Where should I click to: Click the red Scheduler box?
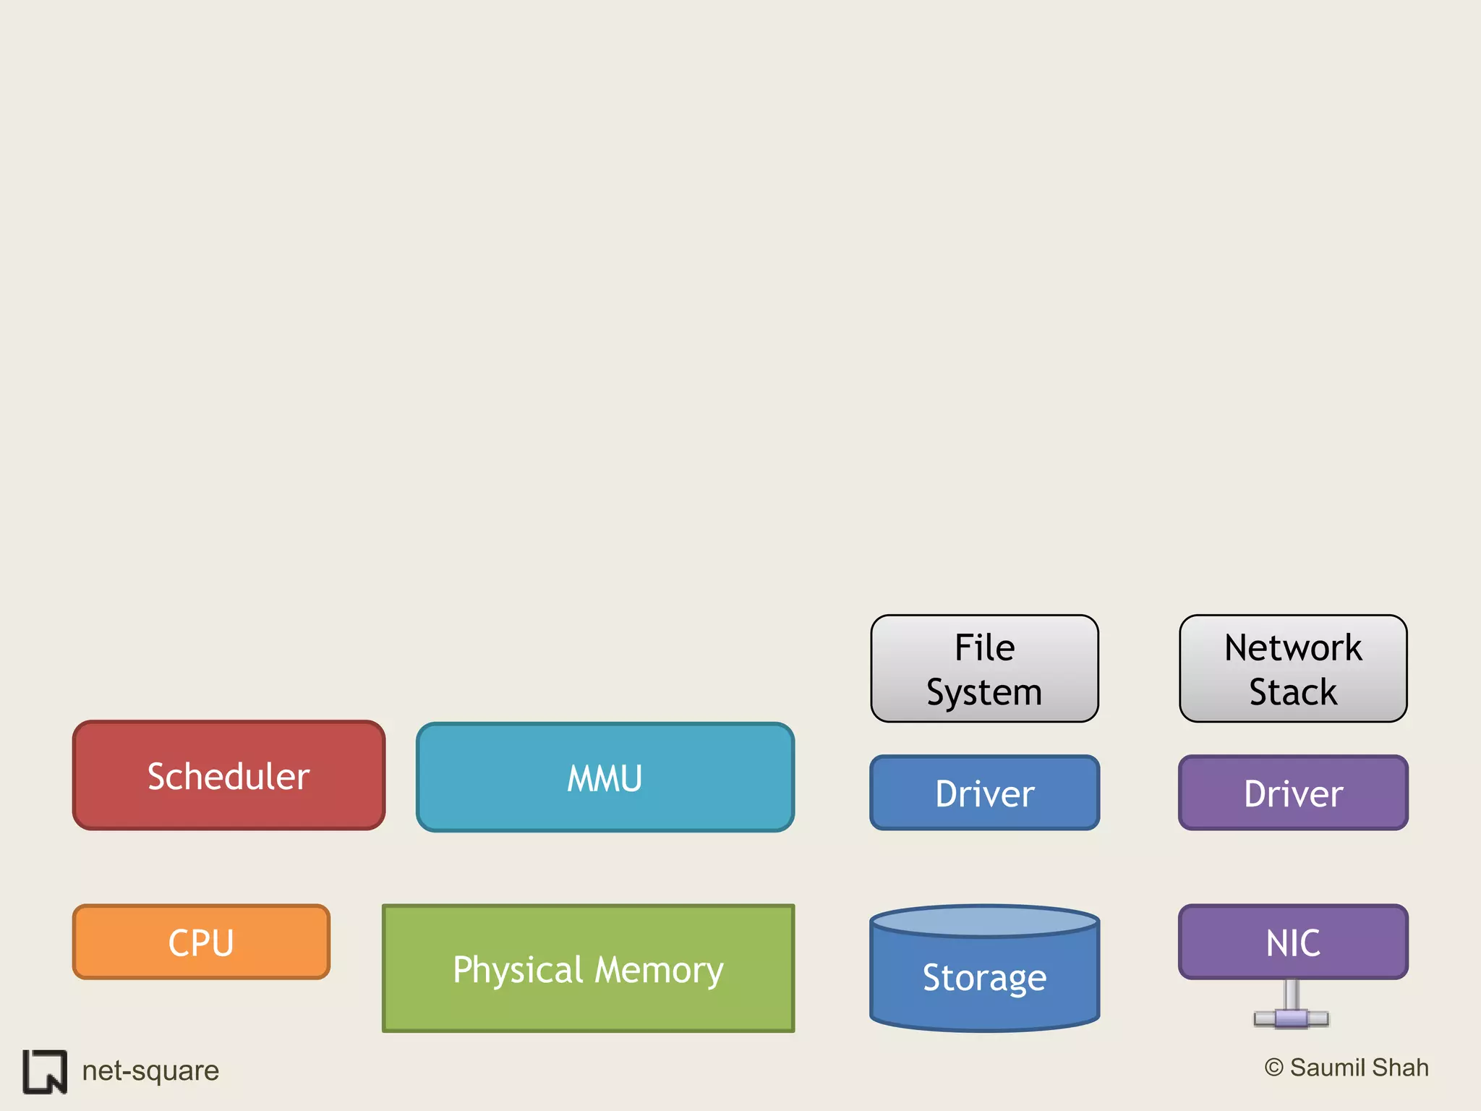229,775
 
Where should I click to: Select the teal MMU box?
605,778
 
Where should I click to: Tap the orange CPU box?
201,942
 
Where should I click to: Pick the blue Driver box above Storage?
984,793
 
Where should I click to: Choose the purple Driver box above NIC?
1293,793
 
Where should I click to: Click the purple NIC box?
1293,942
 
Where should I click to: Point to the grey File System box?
984,668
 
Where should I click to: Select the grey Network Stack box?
1293,668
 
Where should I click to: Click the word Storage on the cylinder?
984,978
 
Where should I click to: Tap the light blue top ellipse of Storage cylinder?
984,921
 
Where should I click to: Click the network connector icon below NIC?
1292,1011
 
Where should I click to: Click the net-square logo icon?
45,1071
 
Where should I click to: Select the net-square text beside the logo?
150,1070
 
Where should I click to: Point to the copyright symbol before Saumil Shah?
1273,1068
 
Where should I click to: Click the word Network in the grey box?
1293,647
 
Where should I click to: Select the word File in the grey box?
984,647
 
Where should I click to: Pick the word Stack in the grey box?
1293,692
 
